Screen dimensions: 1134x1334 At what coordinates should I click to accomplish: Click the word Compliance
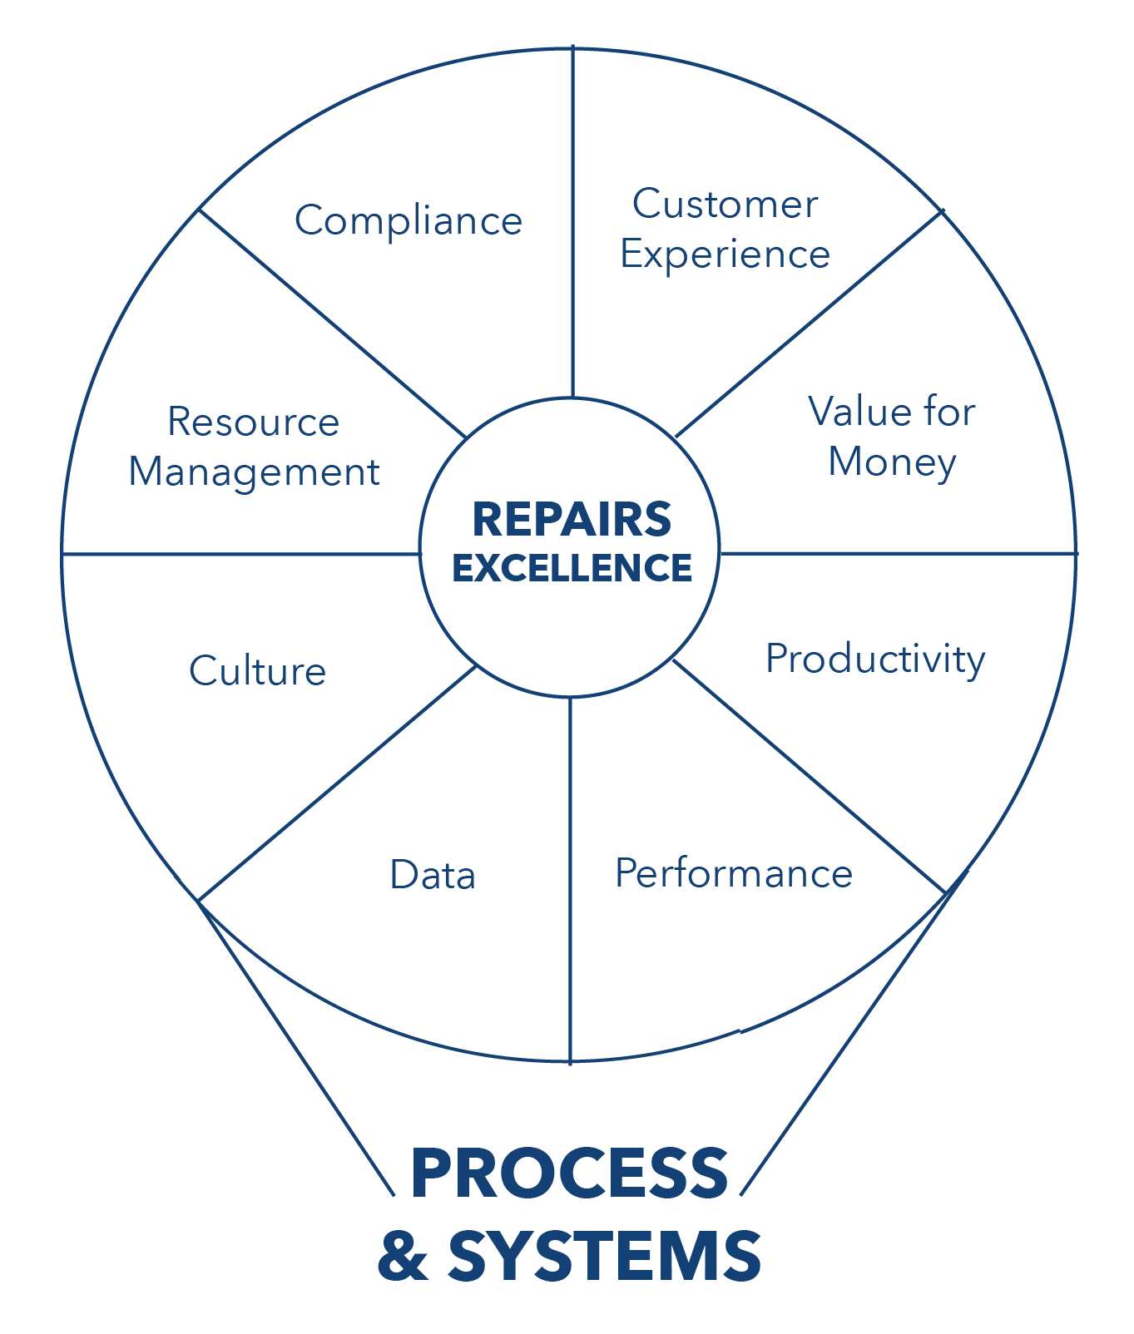(408, 221)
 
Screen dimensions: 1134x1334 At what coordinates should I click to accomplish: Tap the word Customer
(725, 205)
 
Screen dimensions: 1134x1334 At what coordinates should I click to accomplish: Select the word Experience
(725, 254)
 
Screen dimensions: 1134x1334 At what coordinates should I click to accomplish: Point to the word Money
(892, 462)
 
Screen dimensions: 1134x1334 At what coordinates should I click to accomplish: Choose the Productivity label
(875, 660)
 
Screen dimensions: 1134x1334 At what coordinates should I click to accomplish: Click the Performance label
(733, 874)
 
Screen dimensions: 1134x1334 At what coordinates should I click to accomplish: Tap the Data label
(433, 876)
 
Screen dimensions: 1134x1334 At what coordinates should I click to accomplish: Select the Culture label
(257, 671)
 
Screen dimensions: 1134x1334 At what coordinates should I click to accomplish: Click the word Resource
(253, 422)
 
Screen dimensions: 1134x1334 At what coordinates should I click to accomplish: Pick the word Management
(254, 472)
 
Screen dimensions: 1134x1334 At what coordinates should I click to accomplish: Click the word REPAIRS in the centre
(572, 520)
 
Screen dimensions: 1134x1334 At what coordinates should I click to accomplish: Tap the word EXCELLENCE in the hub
(572, 568)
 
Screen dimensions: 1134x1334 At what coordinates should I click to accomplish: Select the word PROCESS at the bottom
(569, 1173)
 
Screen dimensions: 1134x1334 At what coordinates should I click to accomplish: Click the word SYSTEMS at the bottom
(604, 1255)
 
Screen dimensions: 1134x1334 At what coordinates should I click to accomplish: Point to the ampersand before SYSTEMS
(403, 1256)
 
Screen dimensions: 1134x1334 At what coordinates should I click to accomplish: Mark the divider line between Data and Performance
(570, 882)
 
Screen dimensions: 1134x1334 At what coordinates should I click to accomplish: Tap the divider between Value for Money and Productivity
(899, 552)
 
